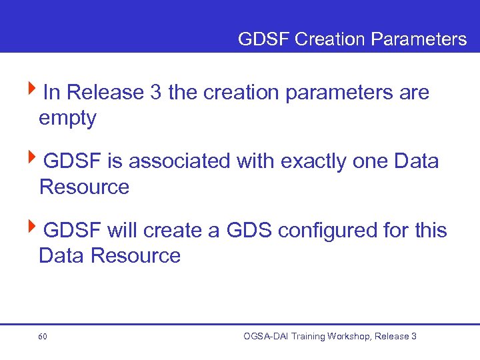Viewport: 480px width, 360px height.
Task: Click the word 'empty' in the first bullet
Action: pyautogui.click(x=67, y=119)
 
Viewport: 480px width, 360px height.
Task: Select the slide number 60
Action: pyautogui.click(x=43, y=337)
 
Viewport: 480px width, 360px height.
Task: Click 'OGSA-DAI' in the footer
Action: pyautogui.click(x=267, y=337)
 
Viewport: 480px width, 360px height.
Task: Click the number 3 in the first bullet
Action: pyautogui.click(x=156, y=92)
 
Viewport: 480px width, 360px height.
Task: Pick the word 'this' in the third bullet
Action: pyautogui.click(x=430, y=231)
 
